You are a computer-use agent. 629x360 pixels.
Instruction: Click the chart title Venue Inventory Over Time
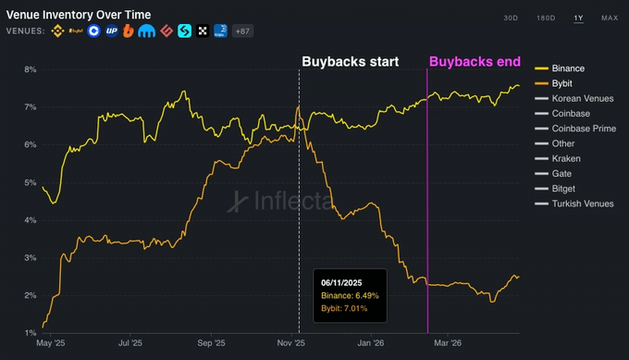[79, 16]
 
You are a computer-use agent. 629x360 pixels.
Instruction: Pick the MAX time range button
[610, 19]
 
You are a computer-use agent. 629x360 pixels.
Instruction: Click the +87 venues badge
[243, 31]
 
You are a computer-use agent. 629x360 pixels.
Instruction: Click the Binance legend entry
[567, 68]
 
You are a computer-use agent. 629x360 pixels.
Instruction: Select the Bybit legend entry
[561, 83]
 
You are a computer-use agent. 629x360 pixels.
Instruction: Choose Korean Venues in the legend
[581, 98]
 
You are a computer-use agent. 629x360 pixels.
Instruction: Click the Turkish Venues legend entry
[582, 204]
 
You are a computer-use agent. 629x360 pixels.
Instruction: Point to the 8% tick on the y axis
[30, 69]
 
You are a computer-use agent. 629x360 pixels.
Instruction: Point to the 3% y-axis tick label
[30, 257]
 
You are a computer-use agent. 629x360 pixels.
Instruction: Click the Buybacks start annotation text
[351, 62]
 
